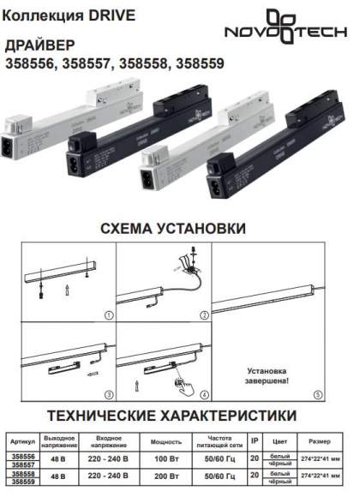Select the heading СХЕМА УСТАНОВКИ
tap(172, 229)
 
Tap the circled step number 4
tap(205, 395)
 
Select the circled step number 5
tap(316, 395)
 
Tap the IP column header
tap(254, 440)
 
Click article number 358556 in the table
tap(23, 457)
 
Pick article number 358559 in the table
tap(23, 481)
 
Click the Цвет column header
tap(279, 442)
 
